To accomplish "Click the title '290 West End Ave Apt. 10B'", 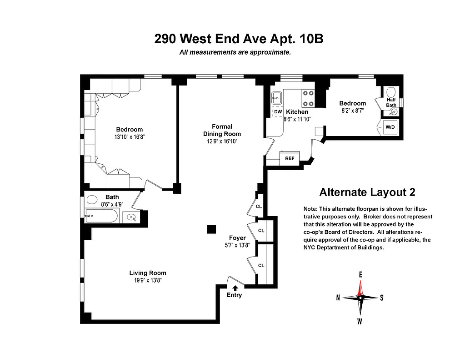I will coord(239,39).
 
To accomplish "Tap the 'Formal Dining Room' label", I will coord(222,130).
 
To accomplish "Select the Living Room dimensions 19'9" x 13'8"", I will coord(147,280).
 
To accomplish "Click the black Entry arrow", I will coord(235,288).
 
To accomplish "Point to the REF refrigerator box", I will coord(290,159).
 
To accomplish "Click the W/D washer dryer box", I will coord(390,127).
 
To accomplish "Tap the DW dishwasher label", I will coord(278,111).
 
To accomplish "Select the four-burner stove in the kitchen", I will coord(309,97).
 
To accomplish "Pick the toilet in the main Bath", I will coord(92,199).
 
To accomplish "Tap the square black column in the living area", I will coord(211,229).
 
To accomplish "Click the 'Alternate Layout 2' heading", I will coord(367,192).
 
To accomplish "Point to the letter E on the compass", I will coord(360,274).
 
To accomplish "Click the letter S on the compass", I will coord(381,298).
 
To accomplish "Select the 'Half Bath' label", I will coord(391,102).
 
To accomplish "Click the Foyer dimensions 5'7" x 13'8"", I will coord(237,245).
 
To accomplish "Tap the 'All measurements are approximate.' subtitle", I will coord(235,52).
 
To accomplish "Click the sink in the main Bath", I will coord(131,217).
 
